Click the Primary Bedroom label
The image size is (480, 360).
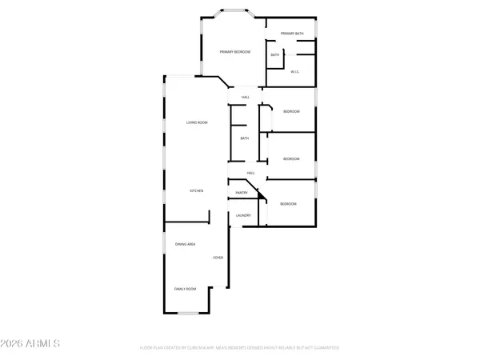tap(236, 52)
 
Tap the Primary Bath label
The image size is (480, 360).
tap(292, 34)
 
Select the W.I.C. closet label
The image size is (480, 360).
tap(294, 72)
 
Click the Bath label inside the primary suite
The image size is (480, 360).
tap(274, 55)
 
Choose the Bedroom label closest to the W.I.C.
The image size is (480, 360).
tap(291, 111)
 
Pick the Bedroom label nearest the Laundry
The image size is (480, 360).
tap(288, 205)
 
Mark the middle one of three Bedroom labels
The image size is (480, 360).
tap(291, 158)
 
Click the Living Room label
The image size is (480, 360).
tap(197, 122)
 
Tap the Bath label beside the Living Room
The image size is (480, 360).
tap(245, 138)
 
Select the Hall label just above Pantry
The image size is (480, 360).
tap(250, 173)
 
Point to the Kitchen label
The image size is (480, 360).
tap(196, 190)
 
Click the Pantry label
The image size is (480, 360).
tap(241, 193)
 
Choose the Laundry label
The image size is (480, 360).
tap(244, 215)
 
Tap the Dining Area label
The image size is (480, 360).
tap(186, 244)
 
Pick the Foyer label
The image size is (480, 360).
tap(218, 258)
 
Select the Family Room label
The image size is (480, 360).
tap(186, 289)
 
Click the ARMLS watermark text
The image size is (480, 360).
tap(34, 345)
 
